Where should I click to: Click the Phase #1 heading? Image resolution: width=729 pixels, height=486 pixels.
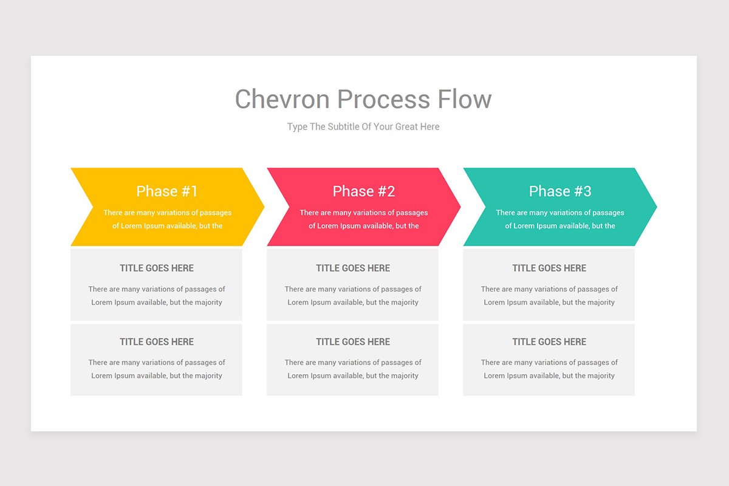pos(167,191)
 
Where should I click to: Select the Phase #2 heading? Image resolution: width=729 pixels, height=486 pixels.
pos(363,191)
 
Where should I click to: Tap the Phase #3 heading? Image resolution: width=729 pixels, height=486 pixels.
pos(560,191)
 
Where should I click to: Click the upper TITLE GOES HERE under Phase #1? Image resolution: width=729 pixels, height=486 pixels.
pos(157,268)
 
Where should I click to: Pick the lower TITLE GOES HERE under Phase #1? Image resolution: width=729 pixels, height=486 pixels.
pos(157,341)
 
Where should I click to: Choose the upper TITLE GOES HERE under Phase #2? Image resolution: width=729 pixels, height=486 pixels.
pos(353,268)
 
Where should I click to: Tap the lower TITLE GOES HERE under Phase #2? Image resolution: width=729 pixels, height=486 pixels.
pos(353,341)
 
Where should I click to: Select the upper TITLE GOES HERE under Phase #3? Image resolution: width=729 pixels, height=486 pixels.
pos(549,268)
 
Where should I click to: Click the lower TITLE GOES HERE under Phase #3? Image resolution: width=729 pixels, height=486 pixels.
pos(549,341)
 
